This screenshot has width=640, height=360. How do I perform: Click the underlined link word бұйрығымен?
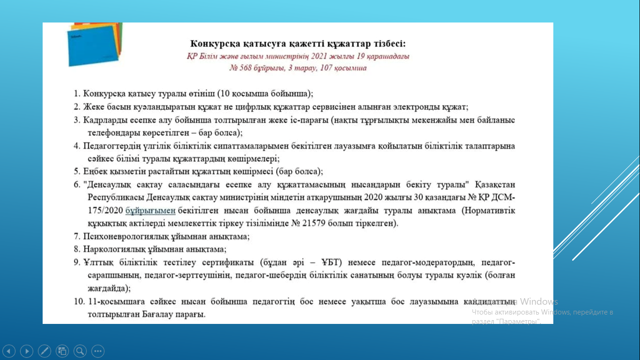(150, 211)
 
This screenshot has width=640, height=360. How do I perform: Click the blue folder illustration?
(93, 46)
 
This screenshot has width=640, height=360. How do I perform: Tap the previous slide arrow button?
(9, 351)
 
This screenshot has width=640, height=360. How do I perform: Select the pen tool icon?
(45, 351)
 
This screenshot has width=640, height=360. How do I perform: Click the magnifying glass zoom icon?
(80, 351)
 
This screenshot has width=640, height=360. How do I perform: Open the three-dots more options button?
(98, 351)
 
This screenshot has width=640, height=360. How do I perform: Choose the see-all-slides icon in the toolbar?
(62, 351)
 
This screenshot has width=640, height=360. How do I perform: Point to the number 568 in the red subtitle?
(245, 68)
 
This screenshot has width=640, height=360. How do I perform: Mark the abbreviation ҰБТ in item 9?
(330, 262)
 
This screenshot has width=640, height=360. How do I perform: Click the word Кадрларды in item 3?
(105, 120)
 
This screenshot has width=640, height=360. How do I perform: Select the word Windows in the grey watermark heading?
(539, 301)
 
